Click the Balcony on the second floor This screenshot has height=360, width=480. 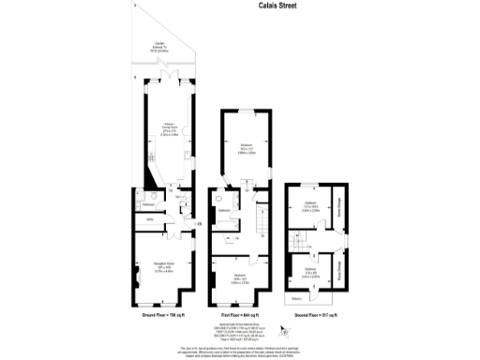pos(296,300)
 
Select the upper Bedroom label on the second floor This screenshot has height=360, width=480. pos(310,207)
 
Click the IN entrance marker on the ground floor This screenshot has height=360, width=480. pos(198,222)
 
